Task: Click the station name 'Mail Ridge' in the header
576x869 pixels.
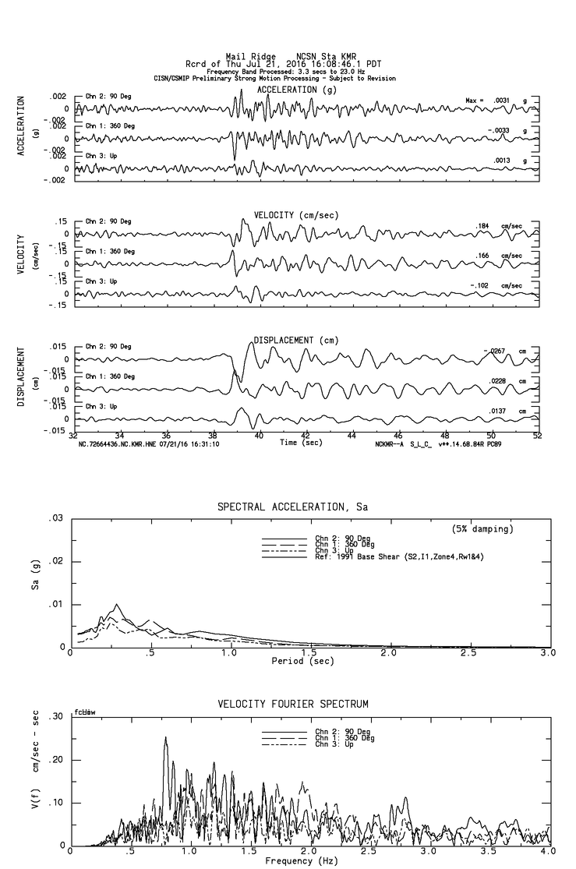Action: click(x=246, y=56)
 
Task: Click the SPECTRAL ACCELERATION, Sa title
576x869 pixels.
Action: click(x=292, y=507)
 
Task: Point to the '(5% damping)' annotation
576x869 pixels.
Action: click(x=482, y=529)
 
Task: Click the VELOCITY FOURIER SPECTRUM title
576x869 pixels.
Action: click(x=292, y=704)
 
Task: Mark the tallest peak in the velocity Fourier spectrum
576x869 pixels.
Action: click(x=165, y=737)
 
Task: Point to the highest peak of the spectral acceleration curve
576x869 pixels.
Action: click(x=117, y=604)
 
